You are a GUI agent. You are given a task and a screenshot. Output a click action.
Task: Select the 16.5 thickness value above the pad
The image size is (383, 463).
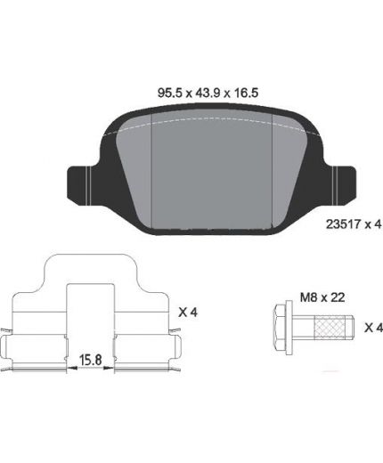[247, 93]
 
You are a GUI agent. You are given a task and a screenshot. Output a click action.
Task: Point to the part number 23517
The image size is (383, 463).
[344, 224]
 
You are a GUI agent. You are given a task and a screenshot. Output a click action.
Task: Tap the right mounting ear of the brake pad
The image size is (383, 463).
[340, 185]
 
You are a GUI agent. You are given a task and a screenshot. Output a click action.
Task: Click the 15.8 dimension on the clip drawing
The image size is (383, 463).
[90, 360]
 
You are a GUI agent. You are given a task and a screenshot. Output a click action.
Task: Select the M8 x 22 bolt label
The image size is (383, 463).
[322, 297]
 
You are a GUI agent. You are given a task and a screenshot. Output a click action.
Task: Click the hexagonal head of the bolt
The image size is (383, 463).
[280, 328]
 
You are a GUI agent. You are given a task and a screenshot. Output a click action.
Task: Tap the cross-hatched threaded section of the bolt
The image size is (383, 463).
[331, 328]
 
